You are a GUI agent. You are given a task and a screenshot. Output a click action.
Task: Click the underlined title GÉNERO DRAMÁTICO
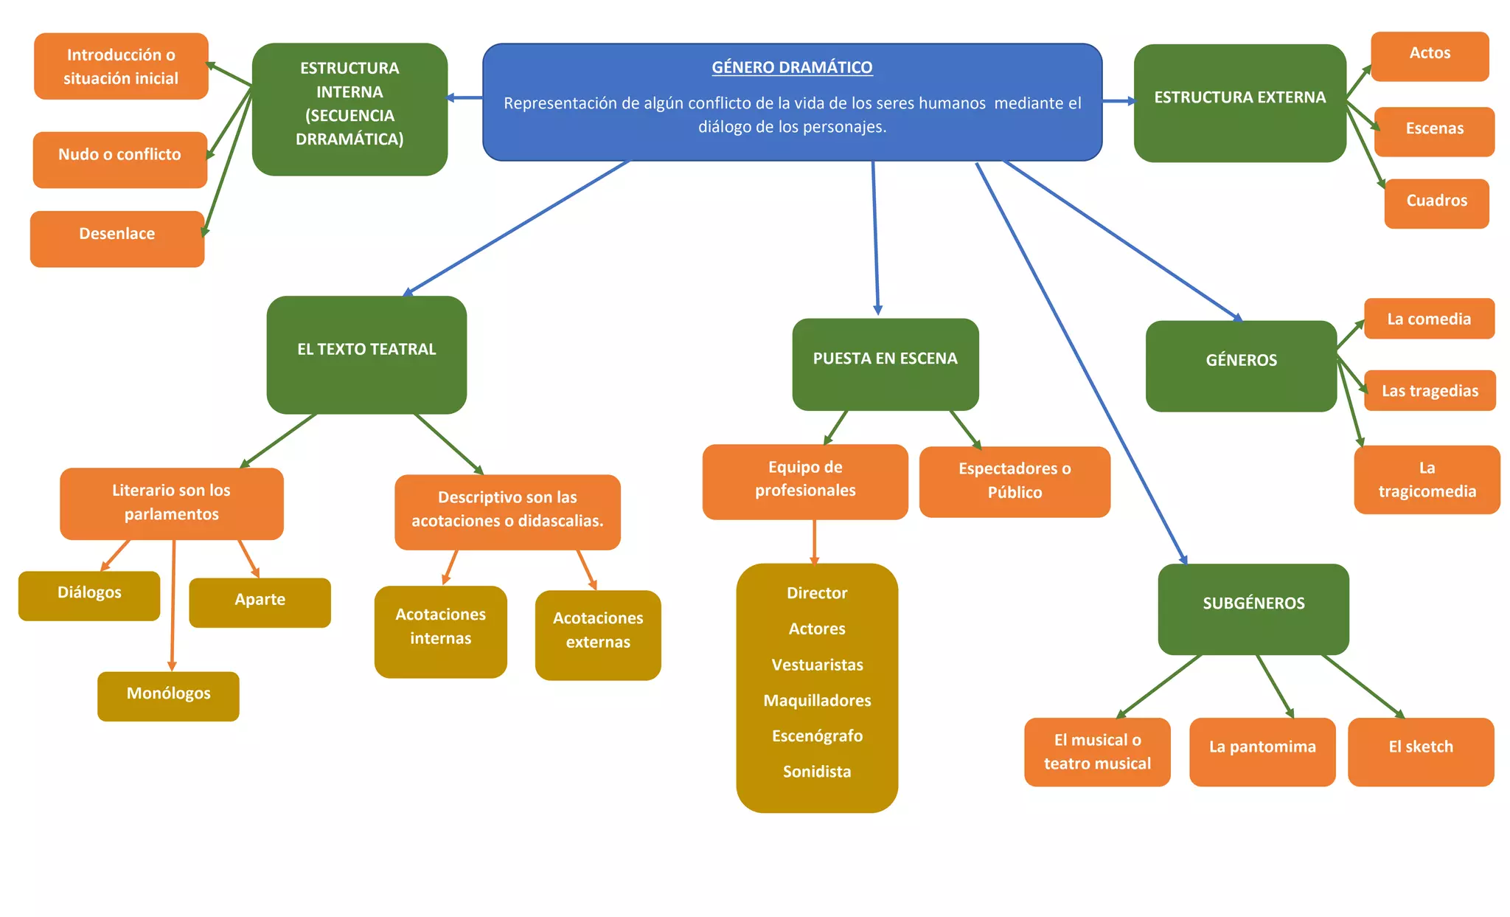(792, 67)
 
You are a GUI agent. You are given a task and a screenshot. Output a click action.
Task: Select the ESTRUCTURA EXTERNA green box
(1239, 103)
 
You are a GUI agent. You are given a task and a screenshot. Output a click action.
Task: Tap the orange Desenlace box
(117, 238)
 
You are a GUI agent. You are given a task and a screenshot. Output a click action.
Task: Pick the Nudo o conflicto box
(119, 159)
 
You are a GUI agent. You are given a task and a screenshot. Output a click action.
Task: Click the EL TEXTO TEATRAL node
(366, 354)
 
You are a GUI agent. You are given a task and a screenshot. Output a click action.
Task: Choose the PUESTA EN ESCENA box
(885, 364)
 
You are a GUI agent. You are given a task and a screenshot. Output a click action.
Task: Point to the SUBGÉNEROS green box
(1253, 608)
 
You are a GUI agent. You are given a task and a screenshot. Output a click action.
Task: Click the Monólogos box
(168, 696)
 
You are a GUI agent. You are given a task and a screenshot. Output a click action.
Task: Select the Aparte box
(260, 602)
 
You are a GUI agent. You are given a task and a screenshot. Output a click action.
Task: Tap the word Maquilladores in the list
(817, 700)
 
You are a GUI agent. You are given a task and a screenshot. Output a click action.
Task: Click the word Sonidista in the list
(817, 772)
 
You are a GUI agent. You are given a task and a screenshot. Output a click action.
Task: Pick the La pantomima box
(1262, 751)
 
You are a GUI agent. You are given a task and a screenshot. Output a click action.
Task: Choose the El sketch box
(1421, 751)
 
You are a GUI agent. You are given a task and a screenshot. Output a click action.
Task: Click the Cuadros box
(1436, 203)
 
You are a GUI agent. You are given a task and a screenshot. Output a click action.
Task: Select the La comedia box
(1429, 319)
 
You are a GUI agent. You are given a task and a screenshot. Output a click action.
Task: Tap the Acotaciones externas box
(598, 634)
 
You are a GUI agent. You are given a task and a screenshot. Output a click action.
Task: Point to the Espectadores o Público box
(1015, 481)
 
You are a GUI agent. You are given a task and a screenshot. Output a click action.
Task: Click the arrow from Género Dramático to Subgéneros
(1080, 361)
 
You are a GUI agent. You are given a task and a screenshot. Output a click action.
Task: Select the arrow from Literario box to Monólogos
(173, 605)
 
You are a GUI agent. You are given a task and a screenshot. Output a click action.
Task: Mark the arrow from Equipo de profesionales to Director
(815, 541)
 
